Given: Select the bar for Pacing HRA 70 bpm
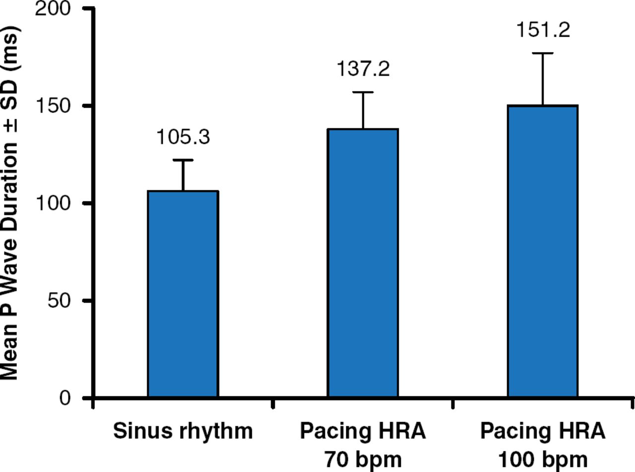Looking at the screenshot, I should pyautogui.click(x=363, y=263).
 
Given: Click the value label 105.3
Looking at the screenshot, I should pyautogui.click(x=183, y=137).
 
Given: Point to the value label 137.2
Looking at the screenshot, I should pyautogui.click(x=363, y=69).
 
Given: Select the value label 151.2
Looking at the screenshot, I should pyautogui.click(x=543, y=30).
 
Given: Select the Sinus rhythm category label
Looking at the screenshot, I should pyautogui.click(x=183, y=431).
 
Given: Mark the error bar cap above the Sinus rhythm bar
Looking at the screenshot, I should pyautogui.click(x=183, y=160).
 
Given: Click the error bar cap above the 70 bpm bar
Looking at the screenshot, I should pyautogui.click(x=363, y=92).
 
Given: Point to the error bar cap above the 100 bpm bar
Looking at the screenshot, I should pyautogui.click(x=543, y=53).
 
